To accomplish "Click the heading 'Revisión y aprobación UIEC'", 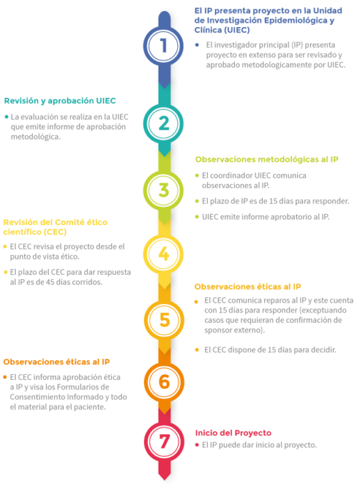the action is click(60, 101).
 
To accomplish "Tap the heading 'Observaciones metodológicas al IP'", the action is click(267, 159).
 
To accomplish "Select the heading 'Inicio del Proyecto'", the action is click(233, 433).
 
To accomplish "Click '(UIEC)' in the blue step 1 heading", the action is click(238, 30).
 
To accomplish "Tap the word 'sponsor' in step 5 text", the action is click(217, 330).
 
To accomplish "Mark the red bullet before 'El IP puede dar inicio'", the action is click(197, 445).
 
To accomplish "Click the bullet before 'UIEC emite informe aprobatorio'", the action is click(197, 217).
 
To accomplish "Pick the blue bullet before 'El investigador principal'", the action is click(197, 45).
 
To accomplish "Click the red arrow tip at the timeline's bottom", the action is click(164, 480).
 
